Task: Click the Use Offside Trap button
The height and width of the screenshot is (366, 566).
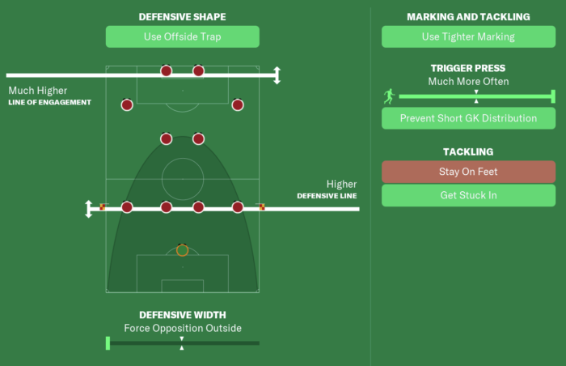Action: (x=182, y=36)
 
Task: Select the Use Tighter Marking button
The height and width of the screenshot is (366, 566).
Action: (x=468, y=36)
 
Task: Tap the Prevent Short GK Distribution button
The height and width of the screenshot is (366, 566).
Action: (x=468, y=118)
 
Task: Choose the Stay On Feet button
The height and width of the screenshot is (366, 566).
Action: (x=468, y=172)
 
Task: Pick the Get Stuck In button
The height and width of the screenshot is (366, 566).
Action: (x=468, y=195)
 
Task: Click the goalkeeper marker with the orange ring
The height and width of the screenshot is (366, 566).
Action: (x=182, y=250)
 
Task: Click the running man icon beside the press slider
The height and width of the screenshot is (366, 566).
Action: (x=389, y=96)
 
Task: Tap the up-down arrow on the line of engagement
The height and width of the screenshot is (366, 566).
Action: (x=277, y=75)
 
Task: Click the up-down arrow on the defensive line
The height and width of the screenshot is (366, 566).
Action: (x=88, y=209)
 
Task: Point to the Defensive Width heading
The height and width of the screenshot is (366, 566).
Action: (x=182, y=315)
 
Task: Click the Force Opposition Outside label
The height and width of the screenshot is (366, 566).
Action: (x=183, y=328)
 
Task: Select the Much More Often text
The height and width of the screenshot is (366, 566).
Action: (x=468, y=81)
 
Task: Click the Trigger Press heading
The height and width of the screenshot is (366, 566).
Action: (x=468, y=68)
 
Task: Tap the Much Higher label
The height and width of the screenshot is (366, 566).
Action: (x=38, y=91)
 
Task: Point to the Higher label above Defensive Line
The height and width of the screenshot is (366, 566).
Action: (x=341, y=184)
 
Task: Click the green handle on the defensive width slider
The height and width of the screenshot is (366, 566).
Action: (x=108, y=343)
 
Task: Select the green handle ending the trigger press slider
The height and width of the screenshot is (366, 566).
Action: (x=553, y=96)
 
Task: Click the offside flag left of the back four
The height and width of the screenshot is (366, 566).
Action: (x=103, y=206)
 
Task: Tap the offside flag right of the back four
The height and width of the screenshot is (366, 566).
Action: (x=262, y=206)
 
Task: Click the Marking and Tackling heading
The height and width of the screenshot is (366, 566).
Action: (x=468, y=17)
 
